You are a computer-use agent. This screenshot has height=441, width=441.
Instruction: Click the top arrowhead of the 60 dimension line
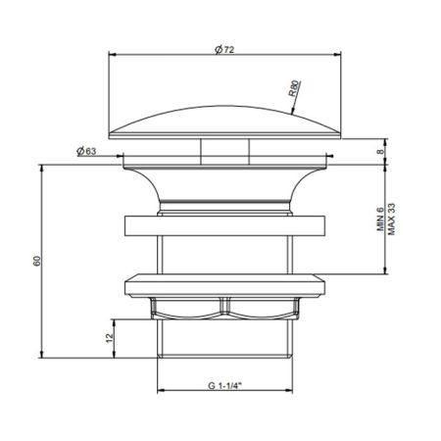coord(44,166)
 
